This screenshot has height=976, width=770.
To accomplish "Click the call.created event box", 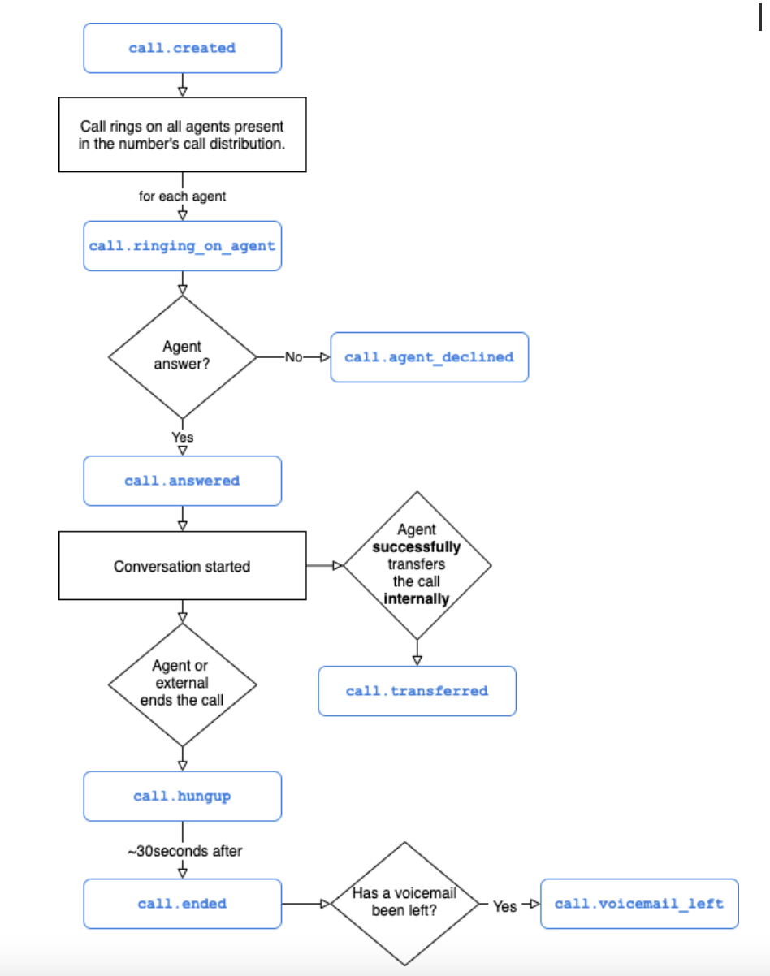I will [182, 48].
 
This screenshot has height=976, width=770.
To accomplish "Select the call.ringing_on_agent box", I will [182, 245].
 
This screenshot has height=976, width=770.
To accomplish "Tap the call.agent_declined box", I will [429, 356].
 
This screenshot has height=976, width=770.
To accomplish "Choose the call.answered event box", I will [182, 481].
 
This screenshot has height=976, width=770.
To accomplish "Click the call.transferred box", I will [417, 691].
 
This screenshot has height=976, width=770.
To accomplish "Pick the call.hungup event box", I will [182, 796].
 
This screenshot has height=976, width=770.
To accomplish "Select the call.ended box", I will [182, 904].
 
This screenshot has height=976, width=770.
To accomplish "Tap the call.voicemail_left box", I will [638, 904].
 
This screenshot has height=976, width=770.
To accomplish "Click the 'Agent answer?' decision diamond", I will [182, 356].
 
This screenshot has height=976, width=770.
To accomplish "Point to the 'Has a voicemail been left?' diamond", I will [404, 903].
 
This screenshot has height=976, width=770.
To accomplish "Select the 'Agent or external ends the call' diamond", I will [182, 684].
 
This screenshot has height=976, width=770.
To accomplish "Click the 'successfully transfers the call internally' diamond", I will [417, 565].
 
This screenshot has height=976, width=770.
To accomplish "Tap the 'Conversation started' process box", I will [182, 566].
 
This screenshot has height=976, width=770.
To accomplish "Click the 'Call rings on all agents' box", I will [182, 135].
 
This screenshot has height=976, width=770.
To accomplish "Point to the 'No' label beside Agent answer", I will [293, 356].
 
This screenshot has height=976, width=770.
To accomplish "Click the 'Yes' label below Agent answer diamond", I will [182, 438].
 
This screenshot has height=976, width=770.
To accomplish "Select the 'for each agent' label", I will [182, 196].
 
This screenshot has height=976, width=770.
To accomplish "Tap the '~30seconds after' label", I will [184, 851].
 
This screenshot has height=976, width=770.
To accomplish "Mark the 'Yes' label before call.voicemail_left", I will [504, 905].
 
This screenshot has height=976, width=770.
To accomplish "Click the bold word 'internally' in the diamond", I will [417, 599].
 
